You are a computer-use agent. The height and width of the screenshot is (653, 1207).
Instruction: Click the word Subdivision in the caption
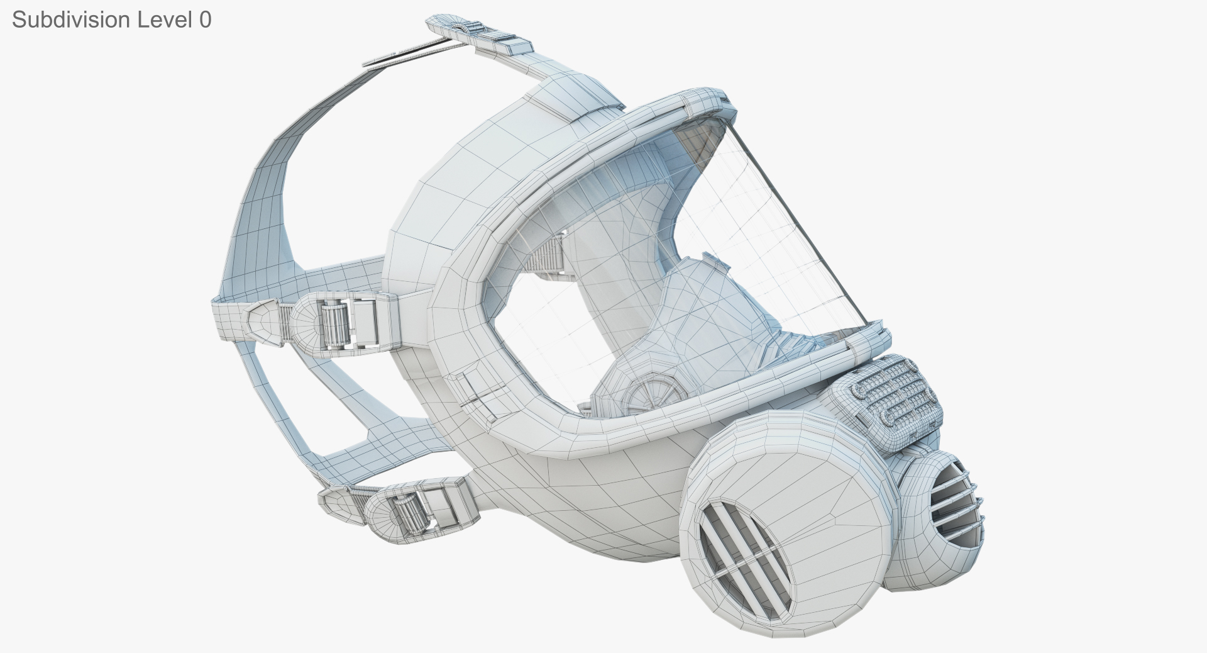coord(70,20)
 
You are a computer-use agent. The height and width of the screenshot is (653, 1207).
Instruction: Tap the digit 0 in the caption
coord(205,20)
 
